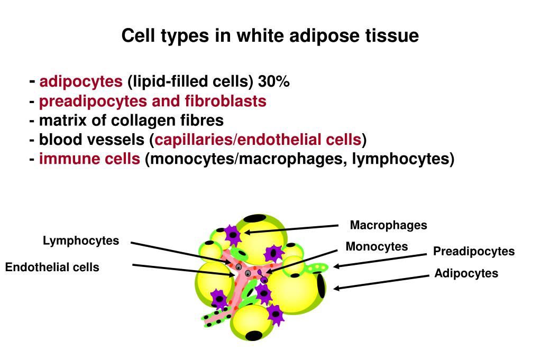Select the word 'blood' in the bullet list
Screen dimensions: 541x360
coord(57,140)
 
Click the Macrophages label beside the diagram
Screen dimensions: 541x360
coord(389,225)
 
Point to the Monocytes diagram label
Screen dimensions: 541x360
coord(377,246)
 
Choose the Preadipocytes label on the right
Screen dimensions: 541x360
coord(474,251)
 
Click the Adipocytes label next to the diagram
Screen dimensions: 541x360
coord(466,273)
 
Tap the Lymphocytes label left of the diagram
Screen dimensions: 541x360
coord(81,241)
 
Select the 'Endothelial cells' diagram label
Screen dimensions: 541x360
coord(52,267)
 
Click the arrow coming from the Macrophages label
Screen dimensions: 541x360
coord(291,229)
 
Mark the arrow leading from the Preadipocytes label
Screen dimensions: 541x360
coord(380,260)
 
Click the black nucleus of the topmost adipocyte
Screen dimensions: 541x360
coord(255,218)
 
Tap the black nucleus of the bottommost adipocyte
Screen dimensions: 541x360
coord(254,335)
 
